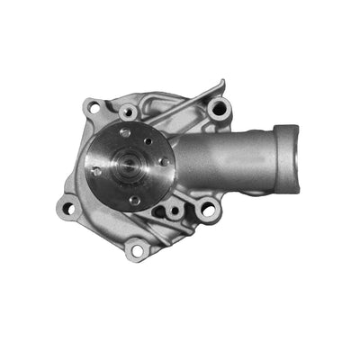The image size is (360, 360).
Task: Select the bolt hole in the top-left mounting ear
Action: (x=92, y=108)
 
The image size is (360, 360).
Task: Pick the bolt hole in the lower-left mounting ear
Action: (x=66, y=209)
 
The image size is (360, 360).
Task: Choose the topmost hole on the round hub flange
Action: (x=125, y=131)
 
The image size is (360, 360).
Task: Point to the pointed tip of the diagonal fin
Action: (x=220, y=84)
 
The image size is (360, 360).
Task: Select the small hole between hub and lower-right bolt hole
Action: (x=174, y=209)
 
